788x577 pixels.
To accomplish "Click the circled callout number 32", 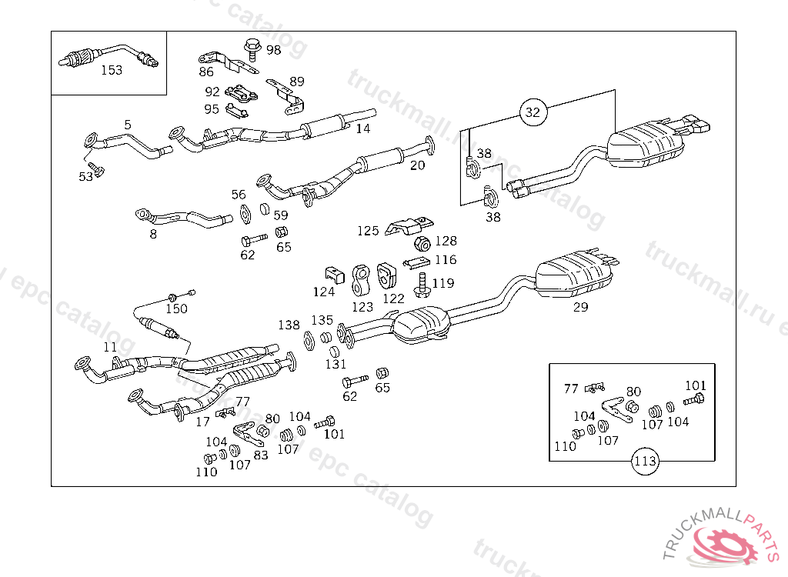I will [533, 112].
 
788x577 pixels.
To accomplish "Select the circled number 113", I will [645, 462].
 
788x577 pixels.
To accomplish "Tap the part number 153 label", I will [112, 70].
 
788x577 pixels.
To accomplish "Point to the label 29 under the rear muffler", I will [580, 308].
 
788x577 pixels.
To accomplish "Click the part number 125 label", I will [368, 230].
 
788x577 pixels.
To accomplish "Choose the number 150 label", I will [176, 309].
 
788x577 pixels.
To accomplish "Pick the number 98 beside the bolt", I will [273, 50].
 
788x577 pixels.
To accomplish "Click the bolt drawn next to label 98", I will [252, 48].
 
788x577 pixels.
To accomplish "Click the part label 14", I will [362, 128].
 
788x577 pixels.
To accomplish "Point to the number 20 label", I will [417, 165].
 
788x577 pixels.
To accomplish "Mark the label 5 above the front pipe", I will [128, 125].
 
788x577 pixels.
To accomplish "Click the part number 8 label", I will [153, 234].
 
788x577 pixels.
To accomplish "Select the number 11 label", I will [110, 347].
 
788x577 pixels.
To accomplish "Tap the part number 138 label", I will [289, 325].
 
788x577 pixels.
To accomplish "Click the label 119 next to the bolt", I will [442, 283].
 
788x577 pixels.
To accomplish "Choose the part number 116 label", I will [445, 260].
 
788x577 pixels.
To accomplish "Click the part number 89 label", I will [296, 82].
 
